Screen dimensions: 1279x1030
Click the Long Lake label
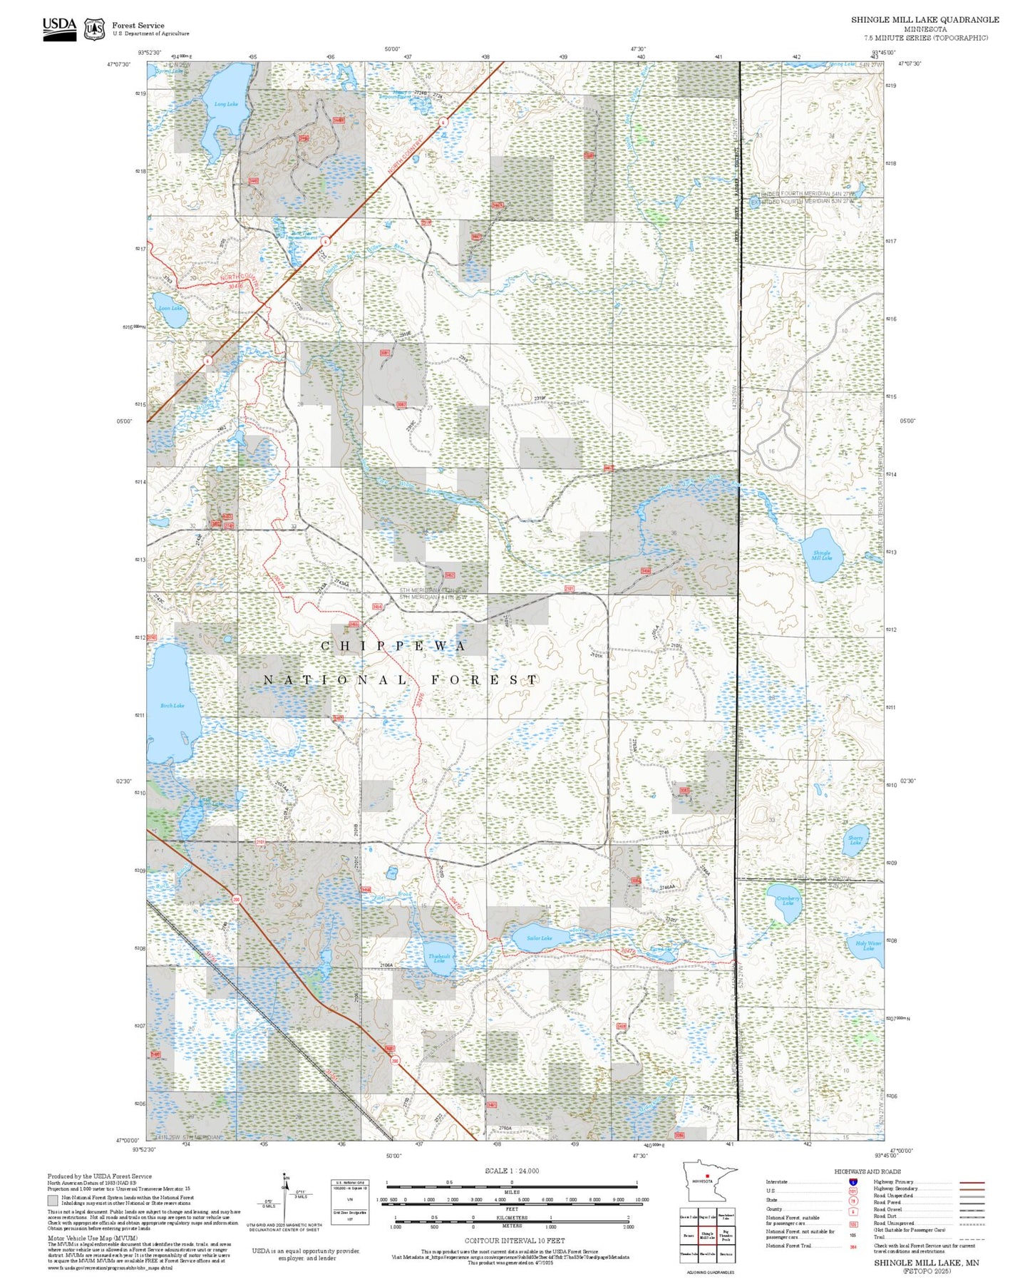pyautogui.click(x=226, y=104)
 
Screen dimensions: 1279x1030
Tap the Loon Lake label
pyautogui.click(x=170, y=308)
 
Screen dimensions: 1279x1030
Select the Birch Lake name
pyautogui.click(x=172, y=705)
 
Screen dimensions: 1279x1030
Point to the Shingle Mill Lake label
pyautogui.click(x=821, y=555)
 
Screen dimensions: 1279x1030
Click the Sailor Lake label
pyautogui.click(x=539, y=938)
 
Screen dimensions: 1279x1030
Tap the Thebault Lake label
pyautogui.click(x=439, y=958)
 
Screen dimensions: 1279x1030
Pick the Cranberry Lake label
pyautogui.click(x=788, y=900)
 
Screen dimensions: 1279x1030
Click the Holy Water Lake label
pyautogui.click(x=868, y=945)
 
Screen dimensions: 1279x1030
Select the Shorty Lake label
pyautogui.click(x=855, y=841)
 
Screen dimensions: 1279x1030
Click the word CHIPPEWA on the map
pyautogui.click(x=394, y=646)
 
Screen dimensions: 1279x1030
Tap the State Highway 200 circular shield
pyautogui.click(x=236, y=900)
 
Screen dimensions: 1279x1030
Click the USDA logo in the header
pyautogui.click(x=59, y=28)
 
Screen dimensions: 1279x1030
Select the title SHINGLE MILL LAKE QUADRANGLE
pyautogui.click(x=925, y=20)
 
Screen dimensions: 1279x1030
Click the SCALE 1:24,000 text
pyautogui.click(x=512, y=1171)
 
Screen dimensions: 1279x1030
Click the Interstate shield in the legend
pyautogui.click(x=853, y=1182)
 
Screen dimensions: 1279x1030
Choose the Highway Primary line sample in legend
pyautogui.click(x=972, y=1182)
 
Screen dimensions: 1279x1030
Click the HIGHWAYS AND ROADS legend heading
pyautogui.click(x=867, y=1171)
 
